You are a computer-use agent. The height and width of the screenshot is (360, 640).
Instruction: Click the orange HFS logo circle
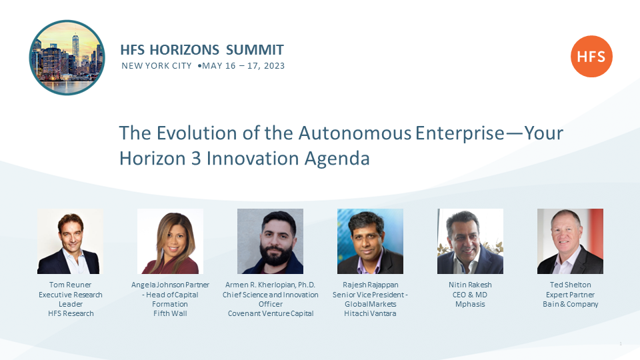[x=591, y=56]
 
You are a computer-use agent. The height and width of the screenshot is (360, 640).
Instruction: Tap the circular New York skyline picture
[x=67, y=57]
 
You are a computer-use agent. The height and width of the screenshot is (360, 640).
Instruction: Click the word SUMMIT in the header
[x=255, y=50]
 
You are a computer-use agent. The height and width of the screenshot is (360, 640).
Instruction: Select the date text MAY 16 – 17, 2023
[x=243, y=66]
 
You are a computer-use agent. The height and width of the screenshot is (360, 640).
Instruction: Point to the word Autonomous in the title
[x=355, y=133]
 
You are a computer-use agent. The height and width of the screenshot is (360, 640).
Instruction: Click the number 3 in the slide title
[x=196, y=159]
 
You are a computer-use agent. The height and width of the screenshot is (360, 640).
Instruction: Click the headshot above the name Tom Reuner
[x=70, y=241]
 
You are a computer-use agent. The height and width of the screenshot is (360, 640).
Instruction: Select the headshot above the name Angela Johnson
[x=170, y=241]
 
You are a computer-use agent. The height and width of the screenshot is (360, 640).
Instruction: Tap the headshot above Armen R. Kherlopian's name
[x=270, y=241]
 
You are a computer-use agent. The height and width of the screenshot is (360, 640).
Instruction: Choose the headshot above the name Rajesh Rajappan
[x=370, y=241]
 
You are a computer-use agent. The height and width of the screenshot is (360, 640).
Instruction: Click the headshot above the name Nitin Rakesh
[x=470, y=241]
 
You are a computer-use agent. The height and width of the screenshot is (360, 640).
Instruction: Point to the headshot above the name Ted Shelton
[x=570, y=241]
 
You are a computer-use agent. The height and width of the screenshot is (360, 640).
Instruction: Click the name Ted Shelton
[x=570, y=285]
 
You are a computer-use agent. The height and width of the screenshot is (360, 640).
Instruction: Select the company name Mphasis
[x=470, y=304]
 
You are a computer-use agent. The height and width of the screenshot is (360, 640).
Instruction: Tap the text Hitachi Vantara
[x=370, y=313]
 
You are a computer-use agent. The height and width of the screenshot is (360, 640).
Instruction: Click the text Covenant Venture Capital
[x=271, y=313]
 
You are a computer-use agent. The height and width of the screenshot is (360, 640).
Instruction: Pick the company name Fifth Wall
[x=170, y=313]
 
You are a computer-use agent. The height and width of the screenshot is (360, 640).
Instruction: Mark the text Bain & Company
[x=570, y=304]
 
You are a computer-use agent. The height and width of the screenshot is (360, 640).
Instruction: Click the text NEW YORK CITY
[x=156, y=66]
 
